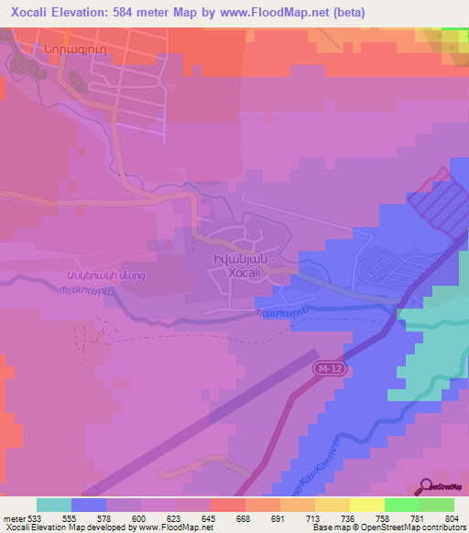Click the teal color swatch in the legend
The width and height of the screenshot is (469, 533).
[53, 505]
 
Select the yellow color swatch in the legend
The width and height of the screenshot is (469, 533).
[366, 505]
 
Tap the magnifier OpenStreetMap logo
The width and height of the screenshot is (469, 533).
[424, 486]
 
